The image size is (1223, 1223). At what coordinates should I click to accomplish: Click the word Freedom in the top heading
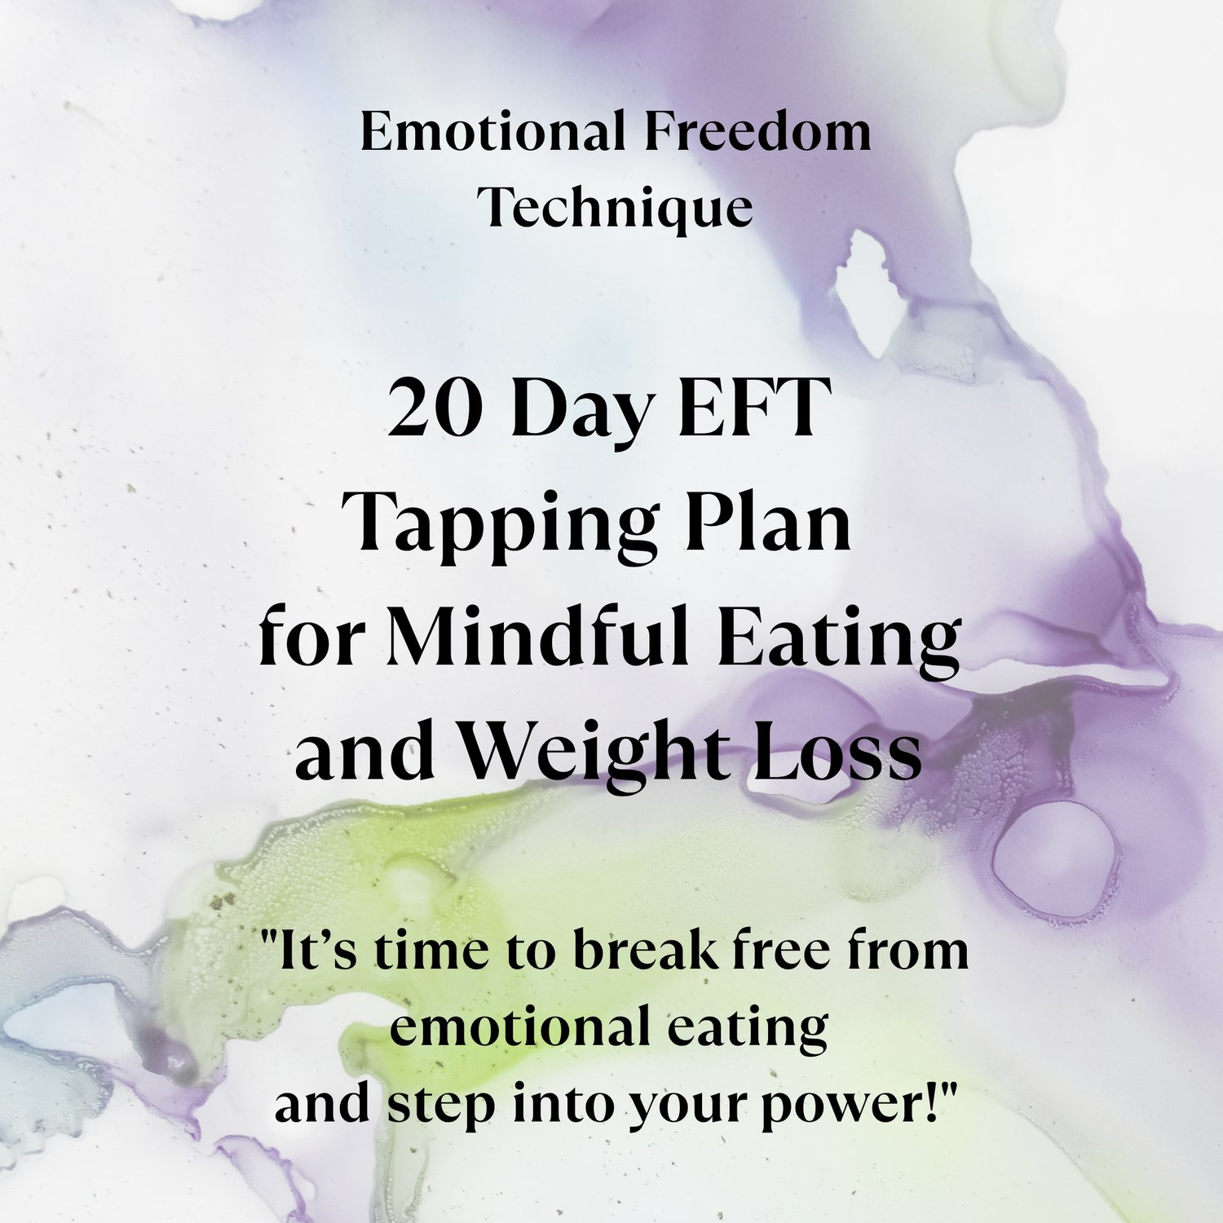click(757, 132)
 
